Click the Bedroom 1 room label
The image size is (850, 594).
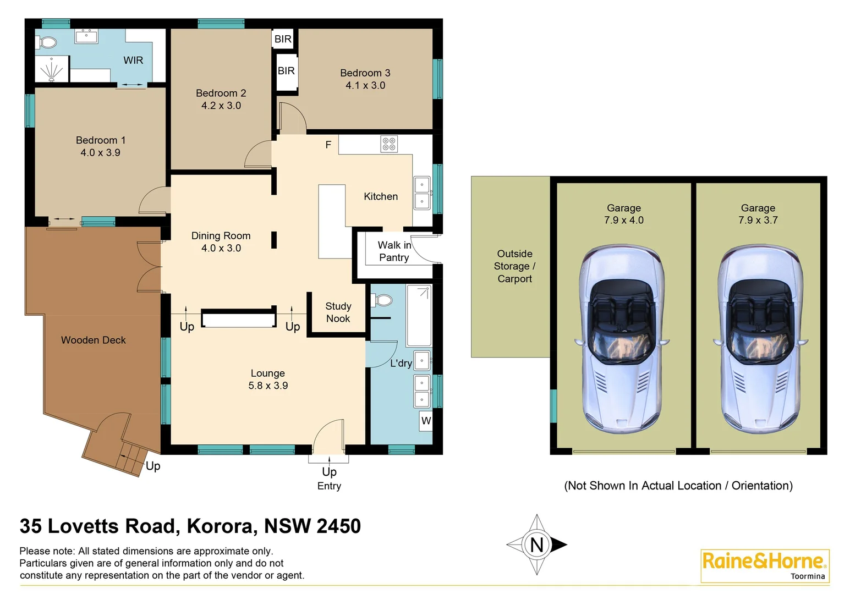click(x=101, y=140)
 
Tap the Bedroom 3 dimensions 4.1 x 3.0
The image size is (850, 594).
click(x=365, y=86)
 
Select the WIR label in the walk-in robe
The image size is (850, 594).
click(x=133, y=61)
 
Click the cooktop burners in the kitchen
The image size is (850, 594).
click(x=389, y=144)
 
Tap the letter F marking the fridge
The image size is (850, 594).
click(x=328, y=145)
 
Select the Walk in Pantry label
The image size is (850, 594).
click(x=394, y=251)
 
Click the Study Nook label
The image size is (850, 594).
click(x=338, y=312)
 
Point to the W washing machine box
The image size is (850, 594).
click(x=426, y=421)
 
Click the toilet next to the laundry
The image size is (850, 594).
click(x=382, y=300)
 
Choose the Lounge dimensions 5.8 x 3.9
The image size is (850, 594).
click(x=268, y=386)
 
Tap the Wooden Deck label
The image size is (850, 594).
click(x=94, y=340)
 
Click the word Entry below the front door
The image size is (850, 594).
click(x=329, y=486)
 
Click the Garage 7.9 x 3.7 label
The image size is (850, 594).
click(x=758, y=214)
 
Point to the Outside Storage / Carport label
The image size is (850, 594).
click(x=514, y=266)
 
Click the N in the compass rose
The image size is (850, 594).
click(x=536, y=545)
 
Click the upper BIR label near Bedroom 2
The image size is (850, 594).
click(x=283, y=39)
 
